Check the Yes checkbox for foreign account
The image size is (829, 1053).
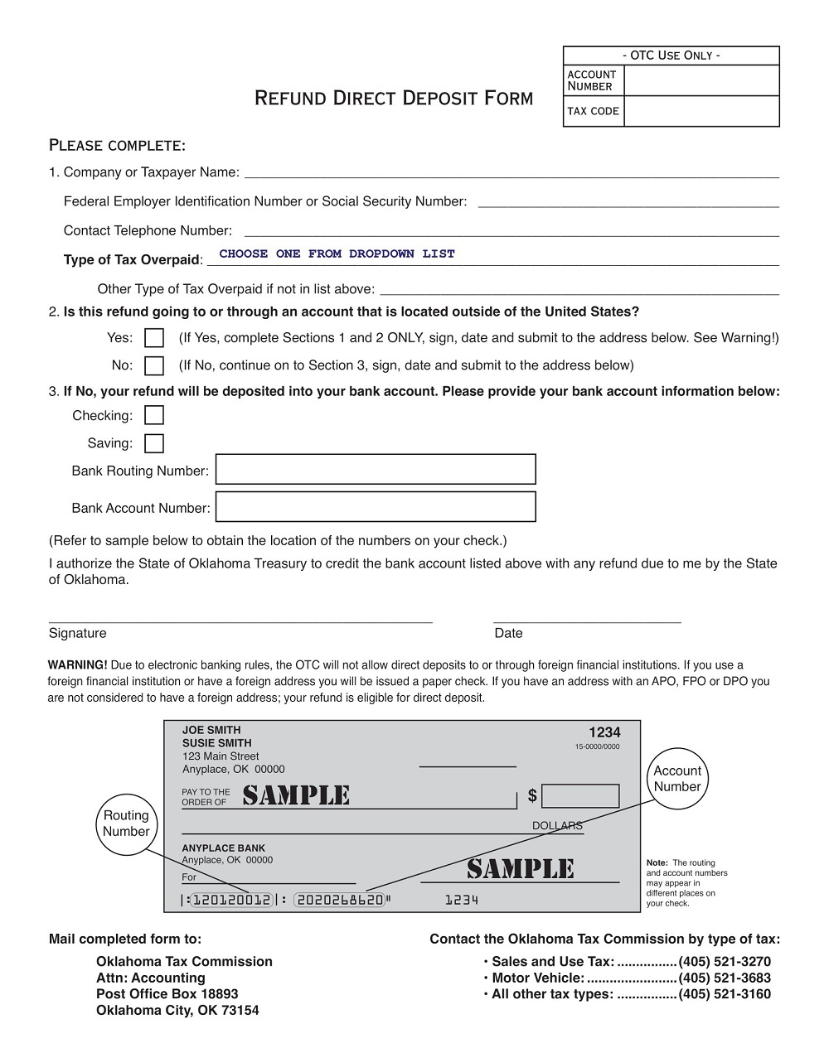click(x=154, y=338)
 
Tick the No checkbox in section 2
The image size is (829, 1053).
click(x=154, y=365)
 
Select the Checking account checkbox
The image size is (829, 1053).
click(x=154, y=415)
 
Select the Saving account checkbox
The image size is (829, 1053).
click(x=154, y=443)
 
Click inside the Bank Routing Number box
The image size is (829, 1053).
click(x=376, y=469)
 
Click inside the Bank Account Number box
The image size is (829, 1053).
click(x=376, y=506)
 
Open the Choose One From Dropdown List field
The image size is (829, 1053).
click(x=337, y=254)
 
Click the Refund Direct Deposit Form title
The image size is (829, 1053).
click(x=393, y=98)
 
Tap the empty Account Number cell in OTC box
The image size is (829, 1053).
click(x=701, y=80)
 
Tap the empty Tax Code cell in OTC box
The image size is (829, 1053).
click(x=701, y=111)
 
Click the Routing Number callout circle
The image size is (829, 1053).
click(x=126, y=824)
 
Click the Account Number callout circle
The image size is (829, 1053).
click(x=677, y=779)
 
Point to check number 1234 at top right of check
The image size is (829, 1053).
click(x=604, y=732)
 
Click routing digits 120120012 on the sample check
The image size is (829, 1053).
click(x=231, y=900)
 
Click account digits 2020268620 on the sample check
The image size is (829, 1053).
click(x=340, y=900)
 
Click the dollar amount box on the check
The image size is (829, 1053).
click(x=580, y=796)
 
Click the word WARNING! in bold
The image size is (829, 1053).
click(x=77, y=665)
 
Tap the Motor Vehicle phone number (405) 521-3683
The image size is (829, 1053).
click(x=724, y=978)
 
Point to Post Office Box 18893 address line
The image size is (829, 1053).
click(x=167, y=993)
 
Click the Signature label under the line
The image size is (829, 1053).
click(x=78, y=633)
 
